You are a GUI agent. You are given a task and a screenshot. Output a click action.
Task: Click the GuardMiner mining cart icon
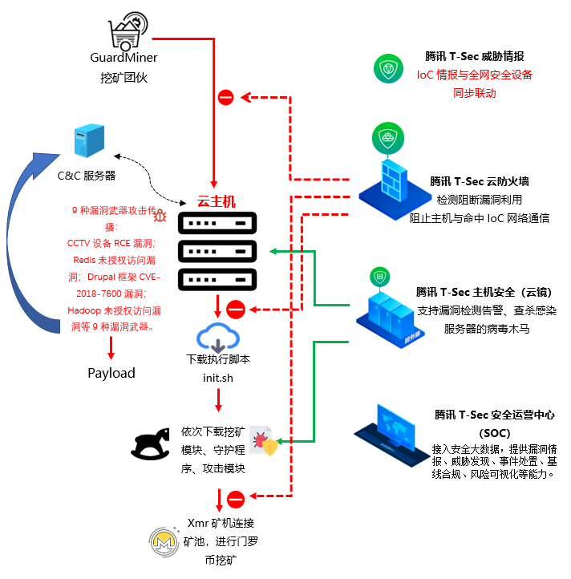tap(128, 32)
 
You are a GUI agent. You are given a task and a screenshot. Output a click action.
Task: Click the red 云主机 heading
tap(217, 201)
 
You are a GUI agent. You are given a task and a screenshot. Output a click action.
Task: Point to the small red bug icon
tap(160, 215)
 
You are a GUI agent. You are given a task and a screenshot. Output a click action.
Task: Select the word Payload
tap(111, 373)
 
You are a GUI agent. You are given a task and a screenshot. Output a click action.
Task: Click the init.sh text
tap(218, 377)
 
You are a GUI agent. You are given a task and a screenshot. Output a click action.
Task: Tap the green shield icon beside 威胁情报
tap(391, 68)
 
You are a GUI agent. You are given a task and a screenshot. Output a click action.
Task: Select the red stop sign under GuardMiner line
tap(225, 98)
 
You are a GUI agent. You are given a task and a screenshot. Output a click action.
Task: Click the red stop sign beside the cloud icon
tap(235, 309)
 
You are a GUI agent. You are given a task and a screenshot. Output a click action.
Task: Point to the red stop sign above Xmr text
tap(235, 500)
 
